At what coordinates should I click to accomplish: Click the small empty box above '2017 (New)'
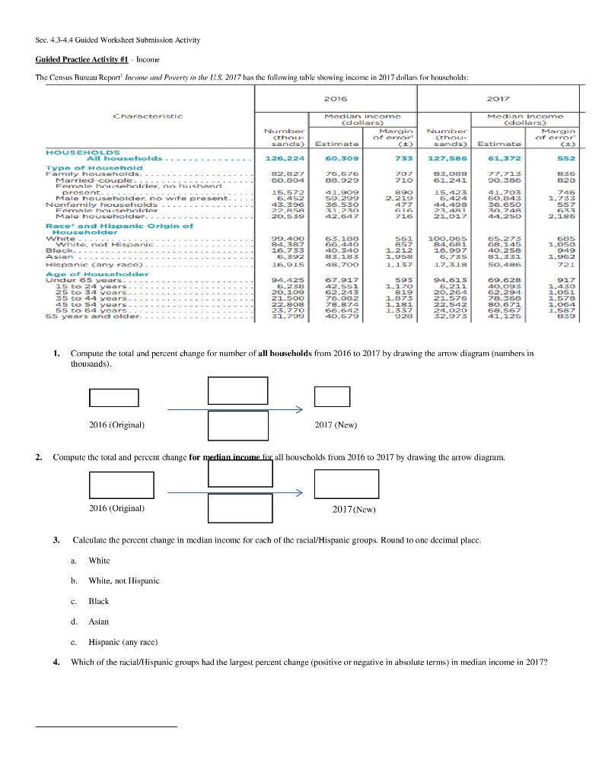tap(332, 397)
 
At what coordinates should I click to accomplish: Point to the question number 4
tap(56, 662)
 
